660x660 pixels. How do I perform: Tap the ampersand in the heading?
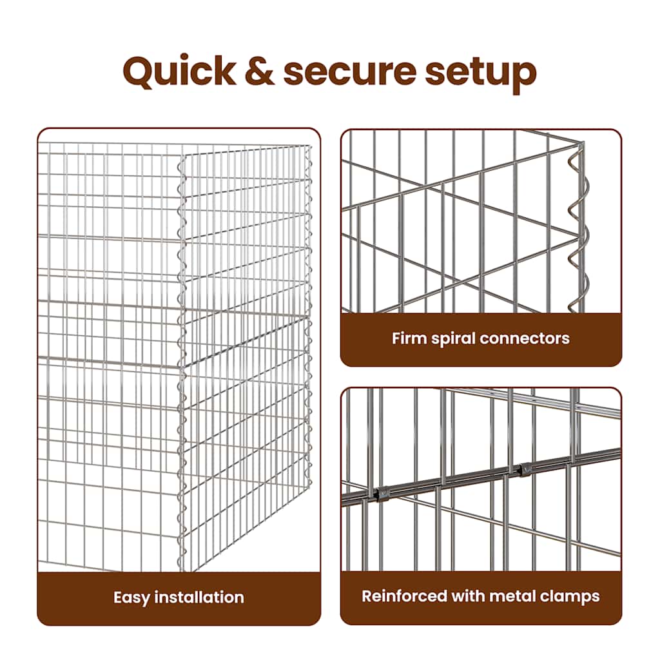(x=259, y=71)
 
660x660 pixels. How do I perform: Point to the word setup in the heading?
(x=481, y=75)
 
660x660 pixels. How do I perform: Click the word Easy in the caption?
(x=131, y=597)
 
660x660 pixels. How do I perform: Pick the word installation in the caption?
(x=199, y=597)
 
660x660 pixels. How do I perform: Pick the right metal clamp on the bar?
(x=525, y=469)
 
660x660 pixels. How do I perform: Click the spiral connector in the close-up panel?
(x=579, y=228)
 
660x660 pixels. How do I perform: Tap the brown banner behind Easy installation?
(x=179, y=598)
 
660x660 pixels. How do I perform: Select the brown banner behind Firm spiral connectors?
(x=481, y=339)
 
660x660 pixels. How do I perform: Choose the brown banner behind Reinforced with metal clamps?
(x=481, y=597)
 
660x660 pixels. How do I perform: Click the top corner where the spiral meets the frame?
(x=582, y=144)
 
